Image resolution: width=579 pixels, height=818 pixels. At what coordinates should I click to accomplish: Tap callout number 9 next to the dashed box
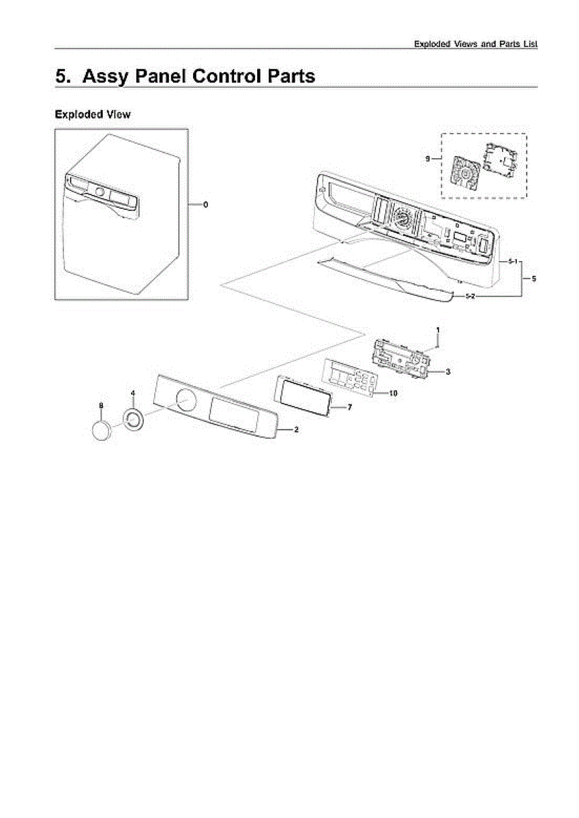[x=428, y=158]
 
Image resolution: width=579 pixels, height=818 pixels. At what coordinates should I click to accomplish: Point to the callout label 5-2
[x=471, y=297]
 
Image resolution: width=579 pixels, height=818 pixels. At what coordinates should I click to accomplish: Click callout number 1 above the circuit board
[x=438, y=331]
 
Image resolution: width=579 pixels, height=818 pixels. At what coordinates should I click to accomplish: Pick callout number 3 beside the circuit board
[x=447, y=372]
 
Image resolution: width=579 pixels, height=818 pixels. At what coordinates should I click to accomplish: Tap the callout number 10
[x=393, y=393]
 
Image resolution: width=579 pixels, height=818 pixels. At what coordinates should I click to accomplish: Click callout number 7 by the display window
[x=349, y=407]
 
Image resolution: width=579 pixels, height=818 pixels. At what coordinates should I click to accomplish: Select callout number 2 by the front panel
[x=296, y=430]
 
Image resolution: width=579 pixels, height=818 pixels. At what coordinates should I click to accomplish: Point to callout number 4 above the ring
[x=133, y=393]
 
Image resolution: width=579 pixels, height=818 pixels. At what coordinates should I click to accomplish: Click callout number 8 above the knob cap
[x=101, y=406]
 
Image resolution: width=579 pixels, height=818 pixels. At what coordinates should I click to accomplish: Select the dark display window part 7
[x=302, y=393]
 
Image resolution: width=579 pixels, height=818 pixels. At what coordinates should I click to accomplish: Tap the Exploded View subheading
[x=92, y=115]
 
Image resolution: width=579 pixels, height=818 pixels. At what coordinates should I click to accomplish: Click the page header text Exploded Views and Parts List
[x=476, y=44]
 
